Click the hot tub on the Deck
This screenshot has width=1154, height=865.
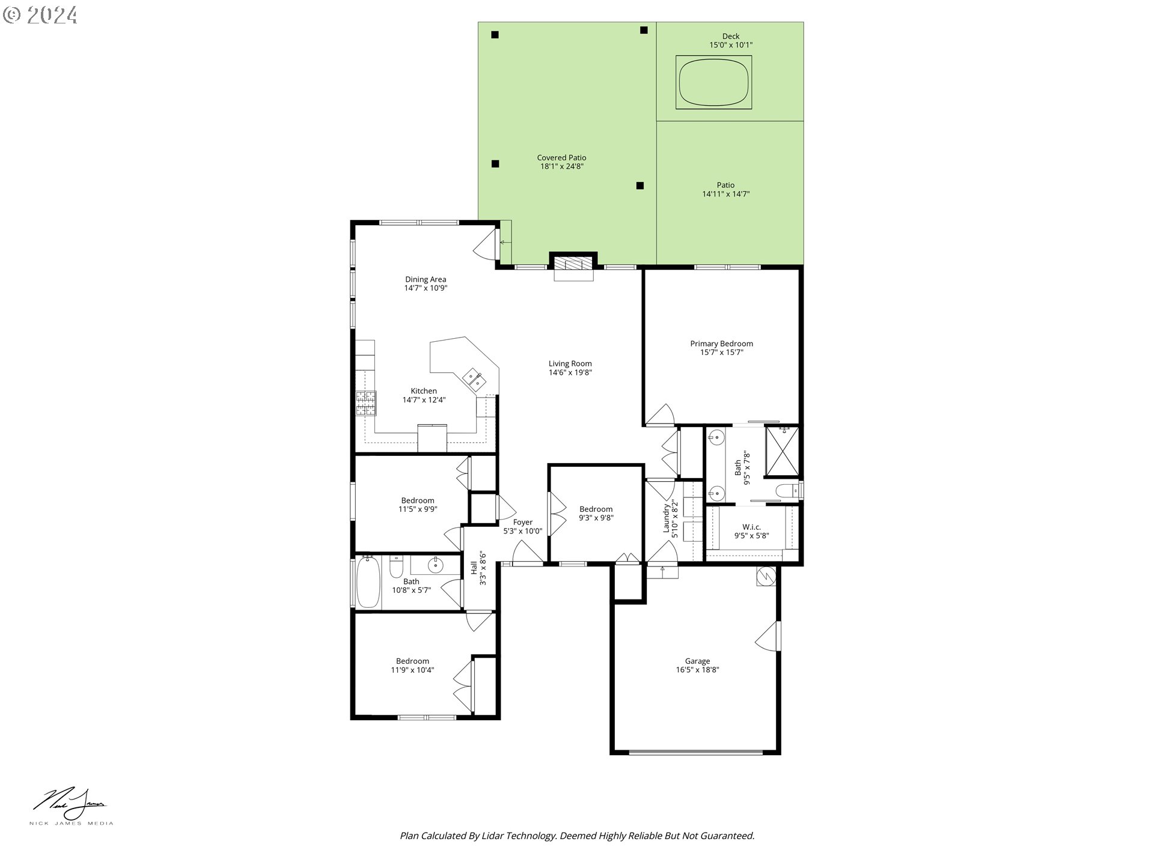pos(714,82)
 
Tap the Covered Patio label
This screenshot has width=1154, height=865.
pos(561,158)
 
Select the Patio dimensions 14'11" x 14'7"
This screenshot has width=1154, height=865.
pos(725,194)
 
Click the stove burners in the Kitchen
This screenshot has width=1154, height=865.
pos(365,403)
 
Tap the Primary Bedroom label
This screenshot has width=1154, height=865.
pos(721,344)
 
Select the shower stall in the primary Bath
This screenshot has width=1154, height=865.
pos(783,451)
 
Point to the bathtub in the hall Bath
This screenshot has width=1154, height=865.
pos(368,581)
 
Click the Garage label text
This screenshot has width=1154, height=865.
pos(697,661)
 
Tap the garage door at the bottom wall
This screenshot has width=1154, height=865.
pos(696,751)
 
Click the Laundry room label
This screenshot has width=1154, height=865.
pos(666,518)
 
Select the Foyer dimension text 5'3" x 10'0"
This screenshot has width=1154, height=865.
pos(522,531)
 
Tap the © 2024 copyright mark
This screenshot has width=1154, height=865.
pos(40,14)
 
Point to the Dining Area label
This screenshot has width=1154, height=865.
pos(426,279)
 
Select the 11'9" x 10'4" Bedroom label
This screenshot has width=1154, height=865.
pos(412,670)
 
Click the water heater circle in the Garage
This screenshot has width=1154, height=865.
pos(766,577)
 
